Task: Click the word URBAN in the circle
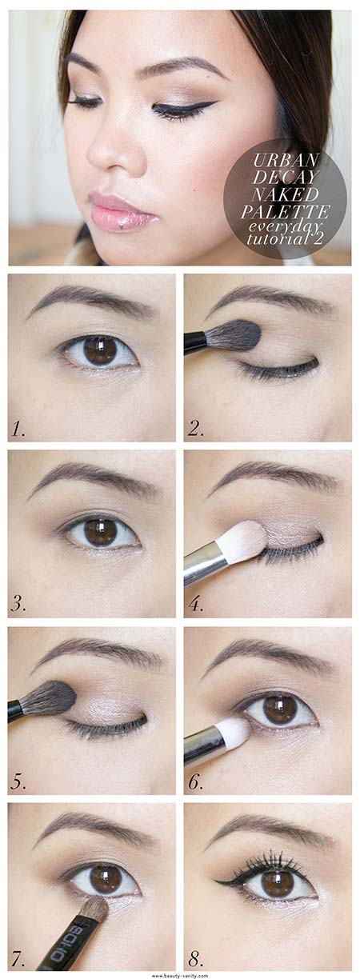click(286, 161)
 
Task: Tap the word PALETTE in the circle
click(285, 212)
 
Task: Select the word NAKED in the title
click(286, 194)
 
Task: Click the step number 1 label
click(18, 430)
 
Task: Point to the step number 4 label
click(196, 605)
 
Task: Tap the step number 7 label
click(18, 957)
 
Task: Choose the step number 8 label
click(196, 957)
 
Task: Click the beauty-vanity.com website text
click(181, 975)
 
